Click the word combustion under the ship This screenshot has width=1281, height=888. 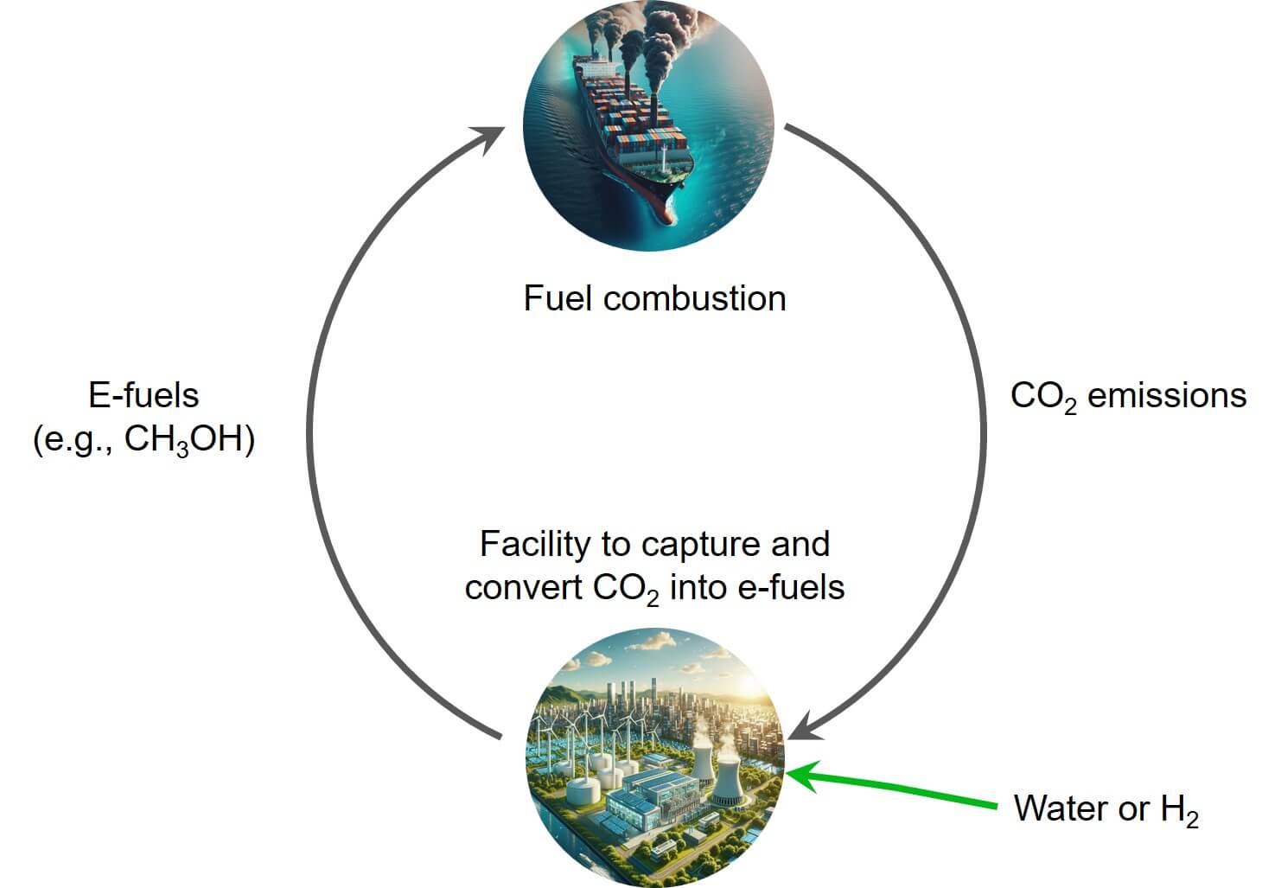[x=694, y=298]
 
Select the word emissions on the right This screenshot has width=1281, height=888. [x=1166, y=395]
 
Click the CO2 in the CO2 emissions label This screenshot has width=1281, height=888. [x=1042, y=397]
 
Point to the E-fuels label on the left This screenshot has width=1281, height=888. [x=143, y=395]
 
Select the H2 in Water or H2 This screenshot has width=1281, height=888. [x=1180, y=810]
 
